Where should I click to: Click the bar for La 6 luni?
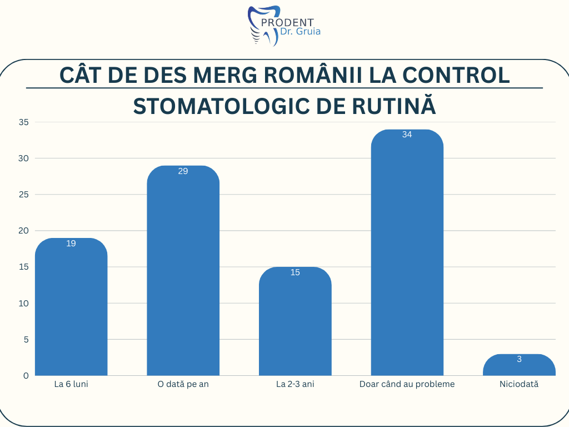(x=71, y=309)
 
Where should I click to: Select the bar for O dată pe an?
(x=183, y=272)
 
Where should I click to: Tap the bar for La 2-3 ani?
(x=295, y=322)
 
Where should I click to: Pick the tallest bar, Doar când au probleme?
(x=407, y=256)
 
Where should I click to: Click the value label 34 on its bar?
(x=407, y=135)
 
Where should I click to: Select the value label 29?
(x=183, y=171)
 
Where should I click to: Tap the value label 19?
(x=71, y=244)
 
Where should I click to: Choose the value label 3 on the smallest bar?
(x=519, y=359)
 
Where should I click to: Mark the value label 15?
(x=295, y=272)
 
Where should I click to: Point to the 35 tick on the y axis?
(x=23, y=122)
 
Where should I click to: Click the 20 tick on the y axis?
(x=23, y=231)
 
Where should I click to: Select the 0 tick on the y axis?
(x=26, y=376)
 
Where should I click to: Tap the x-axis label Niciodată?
(x=519, y=384)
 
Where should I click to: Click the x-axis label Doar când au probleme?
(x=407, y=384)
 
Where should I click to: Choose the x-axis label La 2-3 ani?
(x=295, y=384)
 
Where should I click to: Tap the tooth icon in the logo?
(x=263, y=26)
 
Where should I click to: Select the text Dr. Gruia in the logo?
(x=301, y=32)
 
